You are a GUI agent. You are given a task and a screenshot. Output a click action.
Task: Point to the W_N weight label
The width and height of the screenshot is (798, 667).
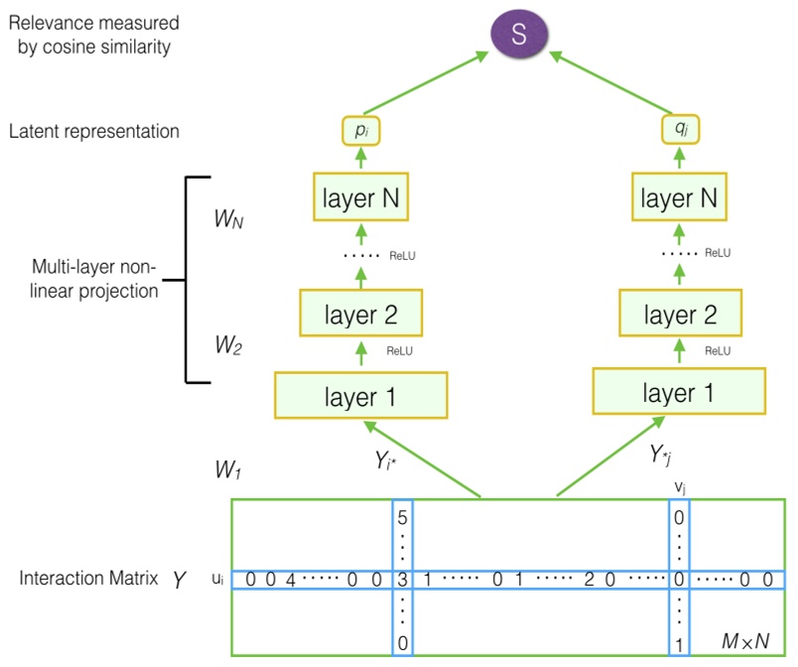(230, 218)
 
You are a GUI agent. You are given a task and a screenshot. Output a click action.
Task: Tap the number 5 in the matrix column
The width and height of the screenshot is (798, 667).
(402, 517)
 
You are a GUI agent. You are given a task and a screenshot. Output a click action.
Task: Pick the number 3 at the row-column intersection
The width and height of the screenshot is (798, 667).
(402, 580)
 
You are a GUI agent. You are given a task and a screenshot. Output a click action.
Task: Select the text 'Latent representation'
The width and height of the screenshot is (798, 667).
(94, 131)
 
